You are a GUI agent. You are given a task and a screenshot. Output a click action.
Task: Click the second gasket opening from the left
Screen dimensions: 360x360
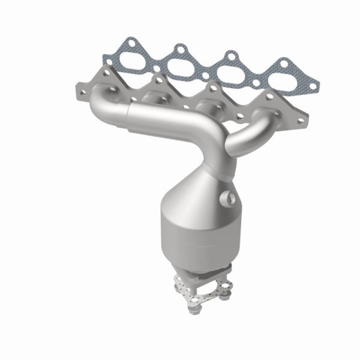click(x=181, y=62)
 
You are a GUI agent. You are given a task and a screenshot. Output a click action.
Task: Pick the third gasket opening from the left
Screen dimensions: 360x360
click(x=234, y=70)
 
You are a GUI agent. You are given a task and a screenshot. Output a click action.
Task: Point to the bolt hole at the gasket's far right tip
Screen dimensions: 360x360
click(x=312, y=87)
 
